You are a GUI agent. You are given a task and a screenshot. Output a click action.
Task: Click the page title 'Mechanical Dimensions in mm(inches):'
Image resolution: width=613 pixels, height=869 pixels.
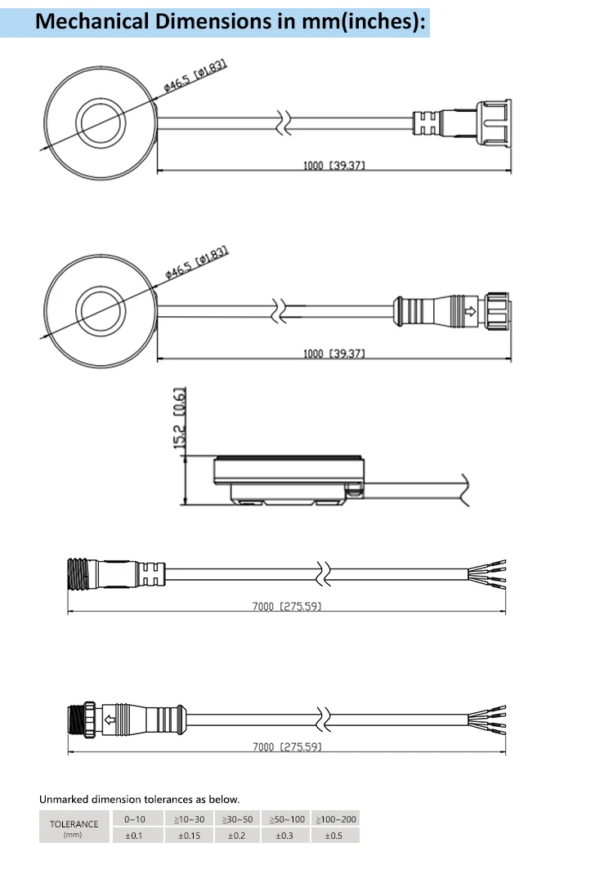(x=231, y=22)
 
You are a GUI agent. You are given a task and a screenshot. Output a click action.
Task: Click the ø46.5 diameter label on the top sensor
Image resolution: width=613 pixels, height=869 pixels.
(x=195, y=75)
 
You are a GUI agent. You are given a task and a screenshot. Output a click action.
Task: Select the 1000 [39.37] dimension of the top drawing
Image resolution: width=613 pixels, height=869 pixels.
(x=333, y=166)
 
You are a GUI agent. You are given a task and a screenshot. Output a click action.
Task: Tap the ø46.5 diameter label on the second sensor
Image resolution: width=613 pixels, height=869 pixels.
(x=195, y=263)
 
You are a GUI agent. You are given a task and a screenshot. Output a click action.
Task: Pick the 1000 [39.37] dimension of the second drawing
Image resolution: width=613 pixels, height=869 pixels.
(x=333, y=354)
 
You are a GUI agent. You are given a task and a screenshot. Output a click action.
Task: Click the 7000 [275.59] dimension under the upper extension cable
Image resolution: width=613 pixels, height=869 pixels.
(x=287, y=607)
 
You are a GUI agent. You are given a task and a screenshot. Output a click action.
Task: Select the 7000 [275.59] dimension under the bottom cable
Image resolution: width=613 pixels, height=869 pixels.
(x=287, y=746)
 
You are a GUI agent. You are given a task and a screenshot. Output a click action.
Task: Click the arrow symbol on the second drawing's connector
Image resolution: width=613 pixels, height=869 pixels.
(x=470, y=311)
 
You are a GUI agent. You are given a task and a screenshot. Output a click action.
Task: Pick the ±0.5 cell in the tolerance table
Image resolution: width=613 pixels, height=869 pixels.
(x=333, y=836)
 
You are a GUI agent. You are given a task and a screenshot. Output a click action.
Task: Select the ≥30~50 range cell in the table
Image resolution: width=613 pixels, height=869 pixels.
(x=237, y=818)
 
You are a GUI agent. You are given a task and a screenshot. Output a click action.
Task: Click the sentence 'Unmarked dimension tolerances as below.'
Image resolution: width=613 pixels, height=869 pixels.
(x=140, y=799)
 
